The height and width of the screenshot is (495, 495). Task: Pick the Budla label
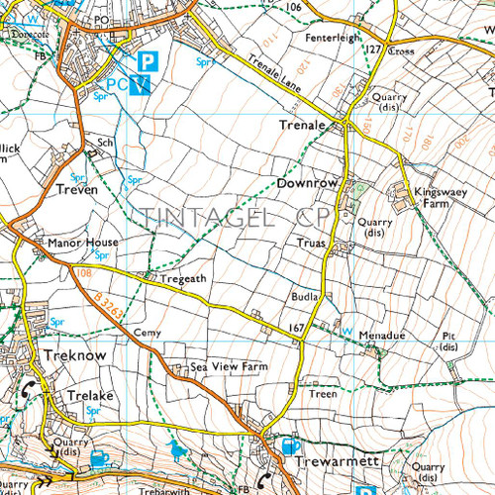(304, 296)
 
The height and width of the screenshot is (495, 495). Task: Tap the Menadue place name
(381, 336)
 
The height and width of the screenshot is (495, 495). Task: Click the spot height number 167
(296, 328)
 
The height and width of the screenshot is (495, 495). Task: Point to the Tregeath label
(183, 279)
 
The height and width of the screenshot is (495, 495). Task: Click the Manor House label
(82, 243)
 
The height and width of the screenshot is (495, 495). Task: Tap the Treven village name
(77, 188)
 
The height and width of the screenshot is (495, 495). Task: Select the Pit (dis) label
(447, 342)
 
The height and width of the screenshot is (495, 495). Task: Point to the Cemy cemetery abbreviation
(147, 333)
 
